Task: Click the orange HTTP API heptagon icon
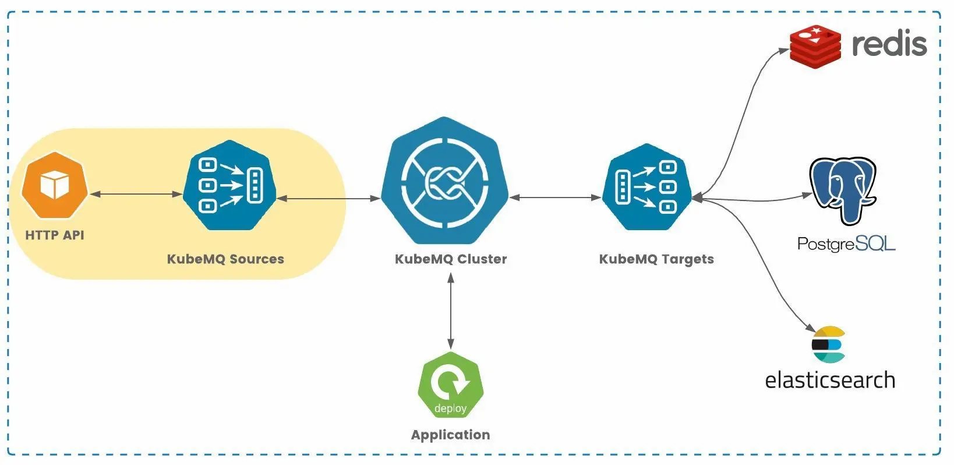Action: click(55, 185)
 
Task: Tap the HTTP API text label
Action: click(55, 235)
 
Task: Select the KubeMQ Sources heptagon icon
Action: click(229, 185)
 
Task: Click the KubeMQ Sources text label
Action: click(225, 259)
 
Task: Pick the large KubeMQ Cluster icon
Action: click(444, 181)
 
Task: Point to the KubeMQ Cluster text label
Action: click(451, 259)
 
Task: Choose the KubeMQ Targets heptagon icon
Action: click(647, 186)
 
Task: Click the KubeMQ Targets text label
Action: click(656, 259)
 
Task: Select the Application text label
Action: click(451, 435)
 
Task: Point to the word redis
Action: click(890, 44)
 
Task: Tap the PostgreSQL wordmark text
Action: click(846, 244)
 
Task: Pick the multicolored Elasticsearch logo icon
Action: click(828, 344)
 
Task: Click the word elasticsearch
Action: click(830, 380)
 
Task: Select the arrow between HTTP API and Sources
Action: click(136, 195)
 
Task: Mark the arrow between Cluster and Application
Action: click(451, 311)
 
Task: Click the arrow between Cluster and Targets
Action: click(556, 198)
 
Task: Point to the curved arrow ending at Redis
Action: click(743, 119)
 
